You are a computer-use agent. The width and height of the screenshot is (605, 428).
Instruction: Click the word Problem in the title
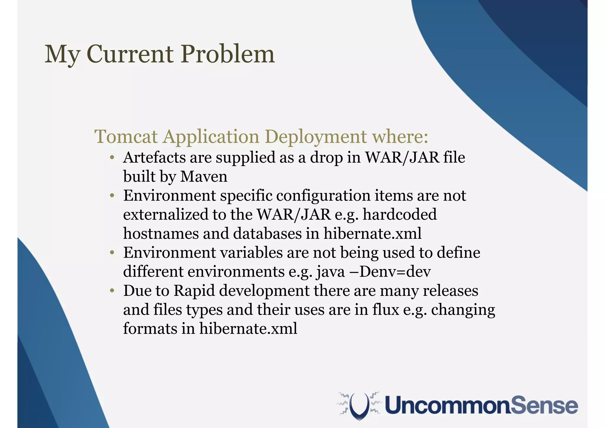click(x=227, y=54)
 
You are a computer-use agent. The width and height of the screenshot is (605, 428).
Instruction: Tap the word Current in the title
click(x=130, y=54)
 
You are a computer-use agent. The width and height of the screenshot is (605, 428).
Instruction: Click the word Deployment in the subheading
click(x=315, y=137)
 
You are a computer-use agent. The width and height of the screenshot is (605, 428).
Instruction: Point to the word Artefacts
click(x=154, y=157)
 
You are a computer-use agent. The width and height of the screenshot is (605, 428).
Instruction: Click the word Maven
click(x=204, y=177)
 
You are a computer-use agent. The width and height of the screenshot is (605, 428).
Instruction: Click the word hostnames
click(x=161, y=234)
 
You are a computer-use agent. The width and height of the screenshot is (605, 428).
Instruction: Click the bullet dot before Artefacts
click(x=112, y=158)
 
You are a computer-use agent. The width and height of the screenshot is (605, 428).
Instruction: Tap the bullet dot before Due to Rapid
click(x=112, y=291)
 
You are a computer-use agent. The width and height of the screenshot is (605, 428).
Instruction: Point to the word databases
click(x=267, y=234)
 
